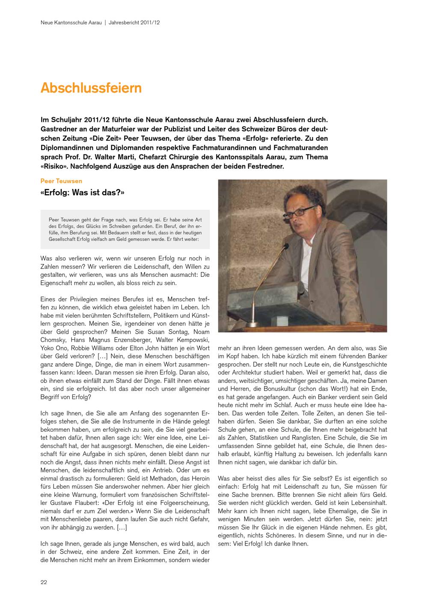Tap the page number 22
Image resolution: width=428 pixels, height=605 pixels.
point(44,582)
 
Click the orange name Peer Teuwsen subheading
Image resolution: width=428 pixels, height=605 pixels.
point(61,181)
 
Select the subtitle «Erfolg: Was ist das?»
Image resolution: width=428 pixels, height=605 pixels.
point(82,193)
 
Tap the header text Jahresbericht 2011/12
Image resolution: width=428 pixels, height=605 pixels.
point(134,22)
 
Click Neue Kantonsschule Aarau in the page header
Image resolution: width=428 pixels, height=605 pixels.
point(71,22)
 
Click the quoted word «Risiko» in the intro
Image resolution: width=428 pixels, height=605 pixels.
point(55,166)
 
